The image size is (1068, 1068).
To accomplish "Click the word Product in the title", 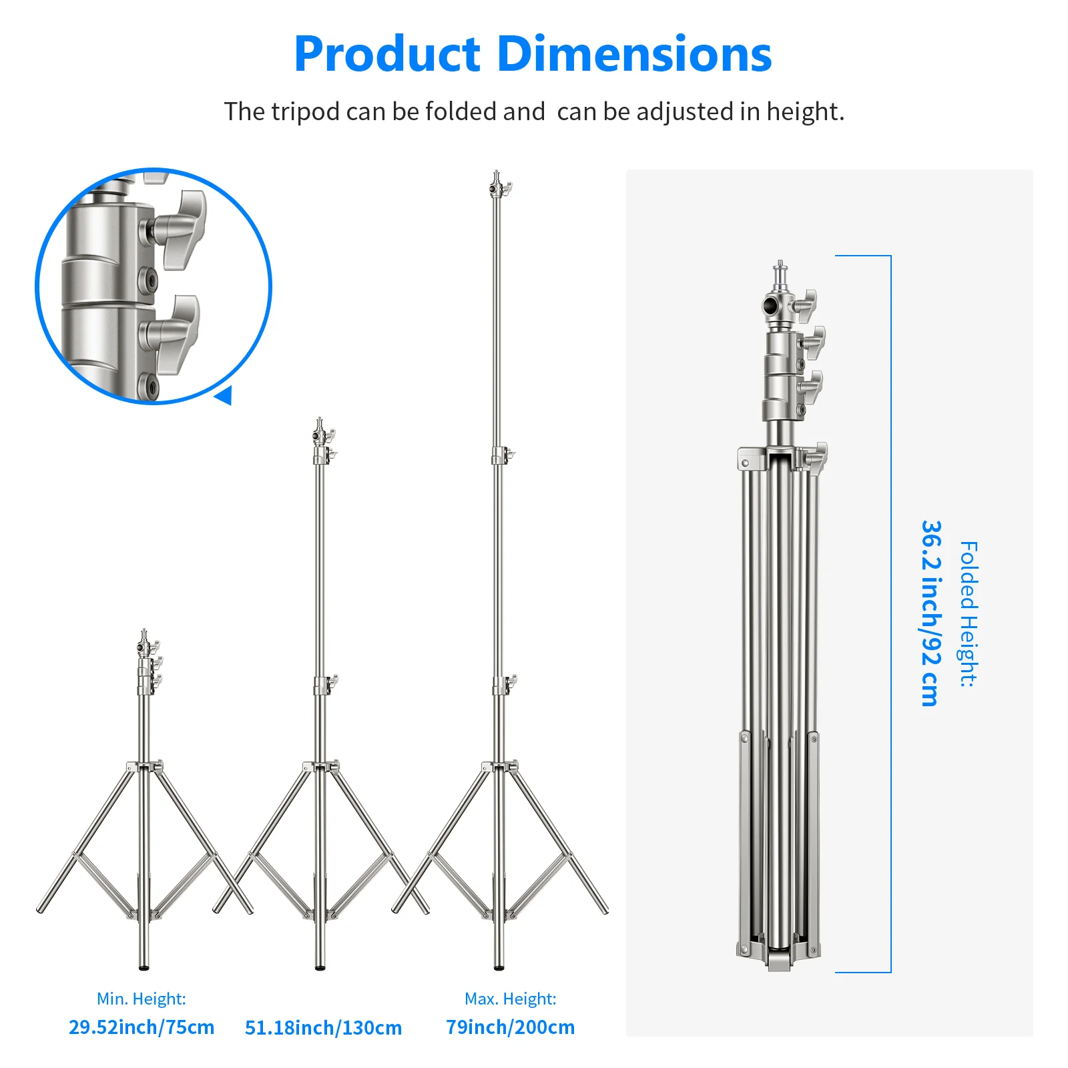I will [387, 55].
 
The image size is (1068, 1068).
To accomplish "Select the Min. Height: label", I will [141, 999].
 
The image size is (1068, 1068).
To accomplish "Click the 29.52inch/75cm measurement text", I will [142, 1027].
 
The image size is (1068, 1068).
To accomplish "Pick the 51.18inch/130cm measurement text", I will [323, 1028].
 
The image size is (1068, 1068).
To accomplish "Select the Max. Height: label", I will [510, 999].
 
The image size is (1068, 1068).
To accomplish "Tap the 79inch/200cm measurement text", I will [510, 1027].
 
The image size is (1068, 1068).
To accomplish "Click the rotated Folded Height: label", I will [969, 614].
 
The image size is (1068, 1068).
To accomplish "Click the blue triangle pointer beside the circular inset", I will [224, 395].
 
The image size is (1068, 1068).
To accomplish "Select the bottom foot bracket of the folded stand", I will [779, 961].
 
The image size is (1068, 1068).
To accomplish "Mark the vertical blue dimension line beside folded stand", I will [890, 614].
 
